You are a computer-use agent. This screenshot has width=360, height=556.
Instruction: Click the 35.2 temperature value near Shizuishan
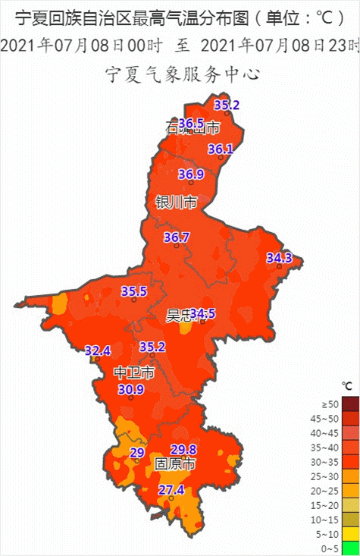(227, 105)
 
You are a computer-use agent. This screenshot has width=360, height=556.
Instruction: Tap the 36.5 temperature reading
(191, 123)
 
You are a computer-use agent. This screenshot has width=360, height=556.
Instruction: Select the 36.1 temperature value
(221, 149)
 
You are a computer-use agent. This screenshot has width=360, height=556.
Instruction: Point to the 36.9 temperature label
(191, 174)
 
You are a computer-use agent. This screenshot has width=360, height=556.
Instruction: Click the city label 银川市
(176, 203)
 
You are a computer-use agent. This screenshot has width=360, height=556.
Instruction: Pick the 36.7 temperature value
(177, 237)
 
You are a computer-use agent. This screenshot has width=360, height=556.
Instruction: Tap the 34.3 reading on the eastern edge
(279, 258)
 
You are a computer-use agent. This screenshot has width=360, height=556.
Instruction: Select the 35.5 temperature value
(134, 291)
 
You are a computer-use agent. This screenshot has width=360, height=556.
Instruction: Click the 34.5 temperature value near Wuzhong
(202, 313)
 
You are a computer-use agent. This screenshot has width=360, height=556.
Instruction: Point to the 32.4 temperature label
(98, 350)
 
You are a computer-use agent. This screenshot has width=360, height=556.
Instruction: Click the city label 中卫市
(134, 372)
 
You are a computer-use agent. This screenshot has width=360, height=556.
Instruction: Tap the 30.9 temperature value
(130, 389)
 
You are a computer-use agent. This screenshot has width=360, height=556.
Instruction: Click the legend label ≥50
(330, 404)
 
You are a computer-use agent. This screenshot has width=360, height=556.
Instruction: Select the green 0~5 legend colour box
(349, 548)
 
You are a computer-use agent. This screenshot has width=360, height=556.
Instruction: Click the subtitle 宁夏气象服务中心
(180, 74)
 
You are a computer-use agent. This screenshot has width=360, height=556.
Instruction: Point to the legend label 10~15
(329, 519)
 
